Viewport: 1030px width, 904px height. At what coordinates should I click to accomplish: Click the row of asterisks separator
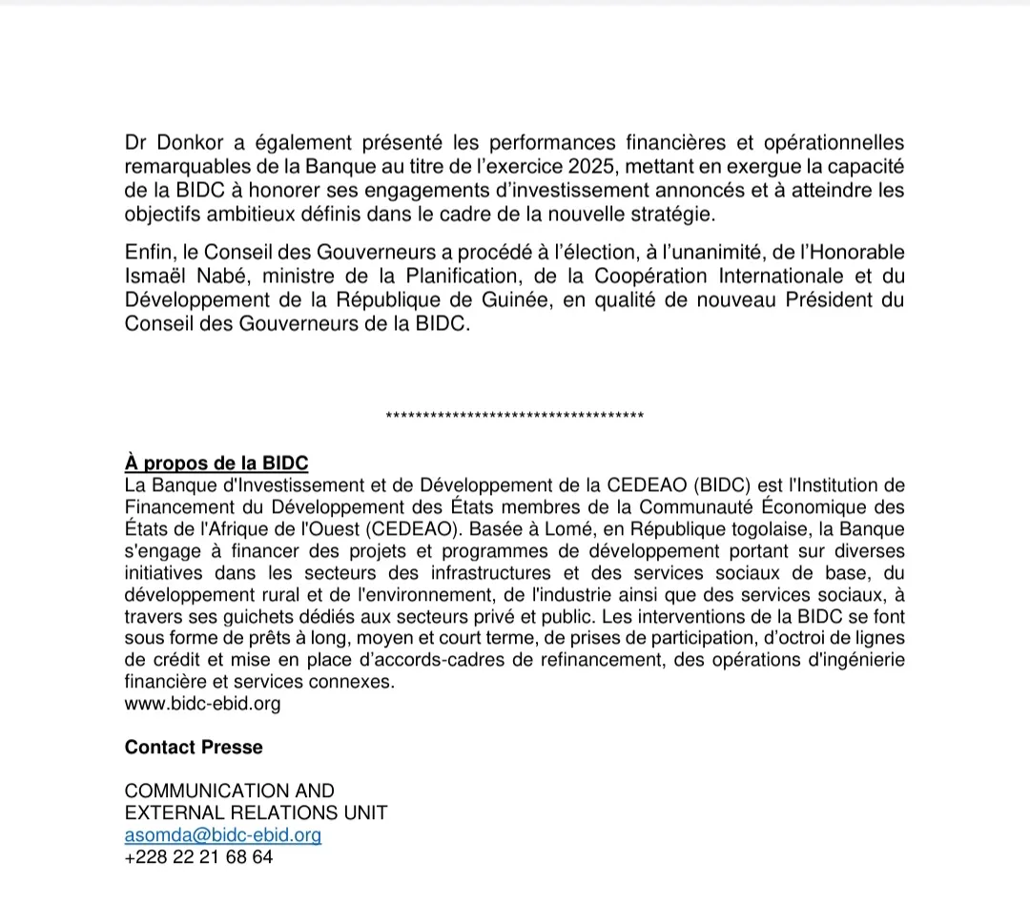point(515,416)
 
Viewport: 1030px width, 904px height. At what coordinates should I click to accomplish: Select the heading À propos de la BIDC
point(216,463)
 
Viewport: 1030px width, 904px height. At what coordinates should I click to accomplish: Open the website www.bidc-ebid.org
point(202,705)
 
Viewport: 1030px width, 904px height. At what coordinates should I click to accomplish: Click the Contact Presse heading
point(194,748)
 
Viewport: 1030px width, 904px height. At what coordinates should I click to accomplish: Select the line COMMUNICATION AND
point(230,791)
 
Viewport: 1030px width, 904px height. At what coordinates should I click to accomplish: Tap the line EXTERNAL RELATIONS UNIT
point(256,812)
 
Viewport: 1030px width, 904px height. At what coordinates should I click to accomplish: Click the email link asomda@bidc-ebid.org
point(223,834)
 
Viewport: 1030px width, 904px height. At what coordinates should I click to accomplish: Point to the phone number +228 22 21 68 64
point(198,856)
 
